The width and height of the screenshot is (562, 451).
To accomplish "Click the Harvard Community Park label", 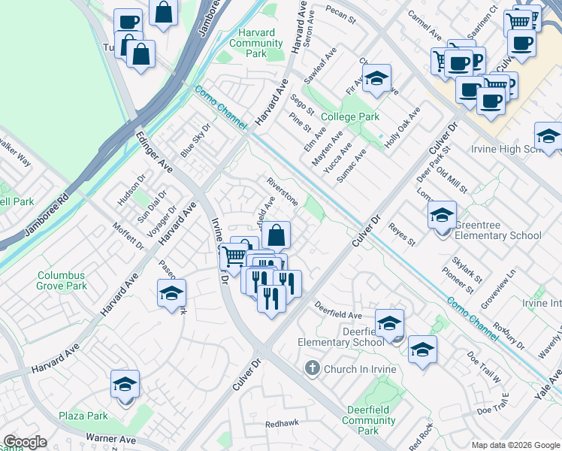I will tap(256, 43).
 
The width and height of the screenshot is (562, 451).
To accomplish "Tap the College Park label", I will tap(350, 117).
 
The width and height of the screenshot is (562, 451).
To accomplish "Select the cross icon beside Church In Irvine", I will tap(313, 369).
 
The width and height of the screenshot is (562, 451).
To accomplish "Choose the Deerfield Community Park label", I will tap(368, 420).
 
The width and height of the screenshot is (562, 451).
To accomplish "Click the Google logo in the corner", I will tap(25, 442).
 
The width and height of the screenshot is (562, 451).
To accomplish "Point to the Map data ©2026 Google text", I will tap(515, 445).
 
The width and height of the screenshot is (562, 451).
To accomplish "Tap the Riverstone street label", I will tap(283, 192).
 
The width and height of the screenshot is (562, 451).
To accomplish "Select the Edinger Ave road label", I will tap(154, 153).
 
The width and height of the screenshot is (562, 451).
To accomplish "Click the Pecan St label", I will tap(340, 13).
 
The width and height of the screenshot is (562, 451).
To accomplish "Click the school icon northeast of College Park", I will tap(376, 77).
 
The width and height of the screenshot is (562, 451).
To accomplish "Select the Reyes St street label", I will tap(402, 235).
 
